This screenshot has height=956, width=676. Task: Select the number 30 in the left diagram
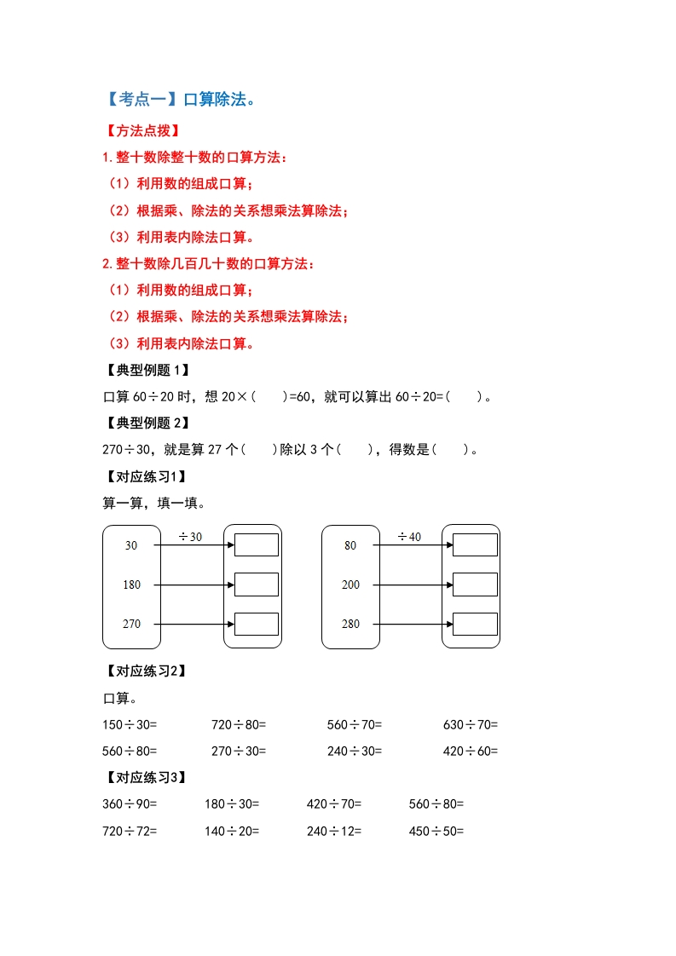point(131,545)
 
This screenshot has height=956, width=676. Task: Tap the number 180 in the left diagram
point(131,585)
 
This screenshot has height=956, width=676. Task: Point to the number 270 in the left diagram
point(131,624)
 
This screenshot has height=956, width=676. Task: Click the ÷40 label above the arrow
point(409,537)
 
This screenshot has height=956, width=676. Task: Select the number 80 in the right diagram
point(350,545)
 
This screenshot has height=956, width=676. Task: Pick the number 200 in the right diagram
point(350,585)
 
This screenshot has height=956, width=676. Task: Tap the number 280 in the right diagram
point(350,624)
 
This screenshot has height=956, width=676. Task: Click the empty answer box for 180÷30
point(257,585)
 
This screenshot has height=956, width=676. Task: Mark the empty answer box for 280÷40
point(475,624)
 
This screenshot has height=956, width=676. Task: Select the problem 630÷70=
point(471,725)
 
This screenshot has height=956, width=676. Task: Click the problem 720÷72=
point(130,831)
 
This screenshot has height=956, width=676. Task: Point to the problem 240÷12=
point(334,831)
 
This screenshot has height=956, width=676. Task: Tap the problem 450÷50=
point(436,831)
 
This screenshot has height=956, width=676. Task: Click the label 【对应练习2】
point(145,671)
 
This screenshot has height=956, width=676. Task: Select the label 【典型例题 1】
point(145,370)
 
